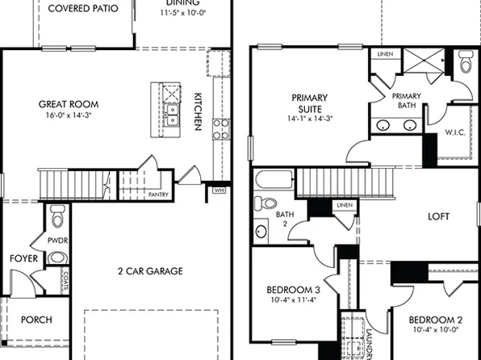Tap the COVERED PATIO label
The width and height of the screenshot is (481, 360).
(x=83, y=9)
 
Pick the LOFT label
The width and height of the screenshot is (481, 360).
(x=439, y=216)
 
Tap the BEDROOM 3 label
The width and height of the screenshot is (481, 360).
(x=293, y=291)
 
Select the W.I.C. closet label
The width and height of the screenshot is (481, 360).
(x=454, y=133)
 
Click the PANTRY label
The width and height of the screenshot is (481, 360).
(x=158, y=194)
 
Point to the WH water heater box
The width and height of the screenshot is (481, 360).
(x=219, y=190)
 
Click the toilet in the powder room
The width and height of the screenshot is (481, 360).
(x=57, y=217)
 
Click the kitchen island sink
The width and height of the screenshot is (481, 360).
(x=172, y=112)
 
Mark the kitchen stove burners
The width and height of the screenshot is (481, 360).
(x=220, y=128)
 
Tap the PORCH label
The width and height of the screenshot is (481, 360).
(x=36, y=320)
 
